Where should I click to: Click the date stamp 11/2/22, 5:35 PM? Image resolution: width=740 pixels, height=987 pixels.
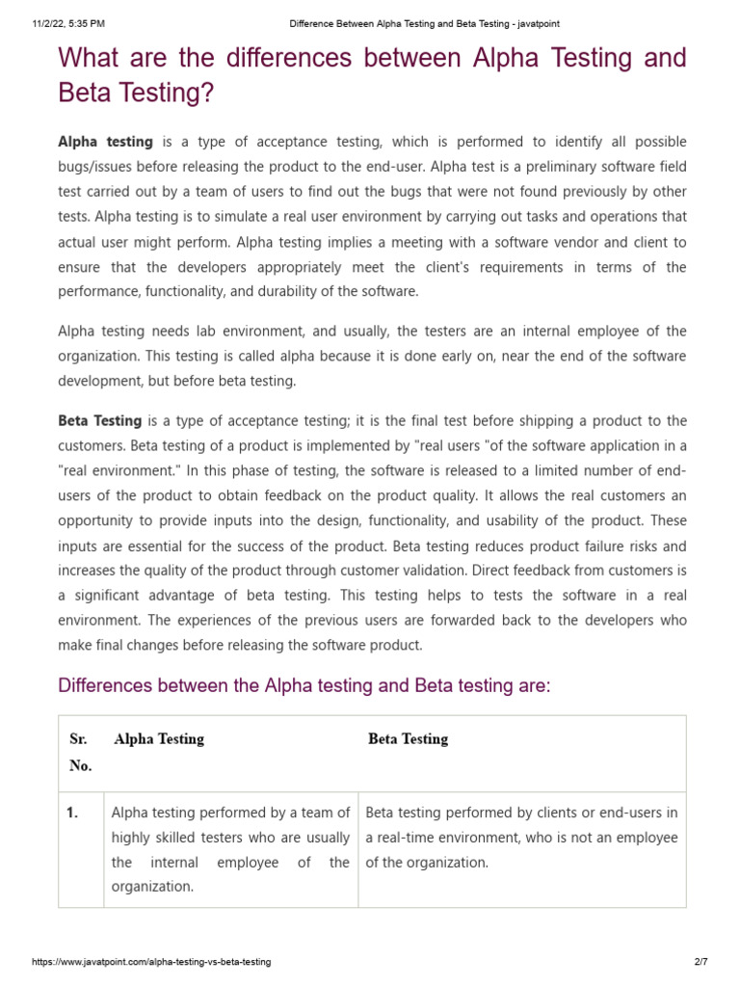coord(58,23)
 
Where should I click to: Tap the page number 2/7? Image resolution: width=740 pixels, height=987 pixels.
coord(700,962)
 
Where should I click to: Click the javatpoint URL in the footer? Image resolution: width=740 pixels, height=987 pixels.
coord(151,962)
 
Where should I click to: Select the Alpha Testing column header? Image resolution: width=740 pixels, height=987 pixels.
coord(159,739)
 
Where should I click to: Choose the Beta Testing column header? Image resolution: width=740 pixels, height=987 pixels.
coord(408,739)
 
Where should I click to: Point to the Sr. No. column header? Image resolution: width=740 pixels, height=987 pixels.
coord(80,753)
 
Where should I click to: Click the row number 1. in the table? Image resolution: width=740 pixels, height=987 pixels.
coord(72,813)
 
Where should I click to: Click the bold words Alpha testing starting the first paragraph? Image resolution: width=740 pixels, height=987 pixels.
coord(105,142)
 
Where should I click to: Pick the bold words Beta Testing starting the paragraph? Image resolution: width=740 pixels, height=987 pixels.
coord(100,420)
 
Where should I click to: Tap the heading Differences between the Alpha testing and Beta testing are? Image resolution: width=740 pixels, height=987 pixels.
coord(304,686)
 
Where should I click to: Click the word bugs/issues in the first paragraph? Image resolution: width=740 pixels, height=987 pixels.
coord(98,167)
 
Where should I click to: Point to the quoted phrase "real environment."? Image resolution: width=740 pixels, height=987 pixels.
coord(117,470)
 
